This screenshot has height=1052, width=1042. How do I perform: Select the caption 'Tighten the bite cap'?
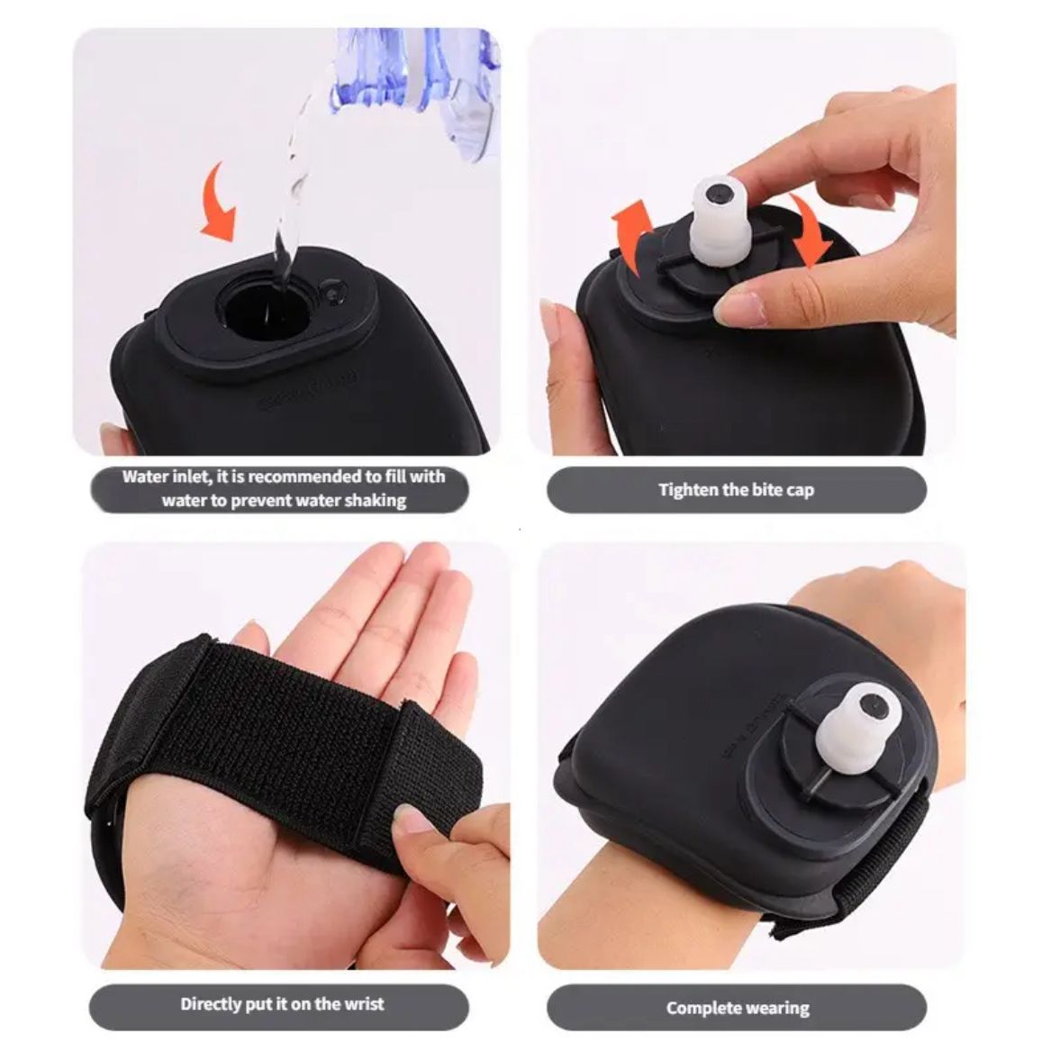tap(736, 490)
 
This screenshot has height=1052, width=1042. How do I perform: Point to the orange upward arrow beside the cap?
tap(631, 235)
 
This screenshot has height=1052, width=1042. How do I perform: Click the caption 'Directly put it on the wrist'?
tap(282, 1004)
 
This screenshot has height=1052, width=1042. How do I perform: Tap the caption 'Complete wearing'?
tap(738, 1008)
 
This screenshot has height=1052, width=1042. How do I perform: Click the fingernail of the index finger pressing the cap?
tap(733, 308)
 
